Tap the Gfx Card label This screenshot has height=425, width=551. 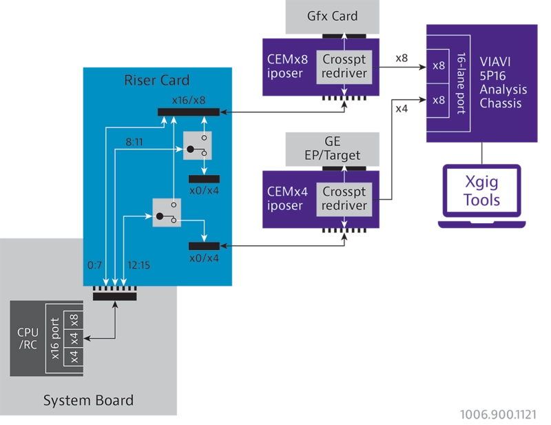(x=333, y=16)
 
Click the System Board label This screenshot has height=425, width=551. (x=88, y=400)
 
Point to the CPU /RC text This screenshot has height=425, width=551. (x=28, y=338)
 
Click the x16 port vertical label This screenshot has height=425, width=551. (x=55, y=338)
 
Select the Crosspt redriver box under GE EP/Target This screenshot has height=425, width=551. (x=344, y=198)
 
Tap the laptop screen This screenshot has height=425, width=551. (x=481, y=189)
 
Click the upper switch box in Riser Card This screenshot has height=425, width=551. (x=197, y=145)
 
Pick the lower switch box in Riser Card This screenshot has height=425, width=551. (x=166, y=214)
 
